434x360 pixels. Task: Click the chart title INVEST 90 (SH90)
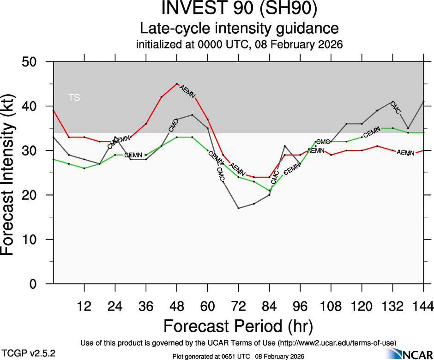pos(239,9)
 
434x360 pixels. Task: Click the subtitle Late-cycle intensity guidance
pos(239,29)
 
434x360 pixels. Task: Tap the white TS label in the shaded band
pos(74,97)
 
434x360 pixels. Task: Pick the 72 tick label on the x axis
pos(238,306)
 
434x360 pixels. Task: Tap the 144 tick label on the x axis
pos(423,306)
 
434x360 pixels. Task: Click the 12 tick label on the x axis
pos(84,306)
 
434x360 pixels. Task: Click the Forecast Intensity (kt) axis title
pos(11,173)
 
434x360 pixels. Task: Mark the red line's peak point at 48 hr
pos(177,84)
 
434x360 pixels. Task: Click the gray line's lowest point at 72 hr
pos(238,208)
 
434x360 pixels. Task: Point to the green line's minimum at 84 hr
pos(269,190)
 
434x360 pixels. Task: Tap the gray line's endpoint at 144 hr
pos(423,102)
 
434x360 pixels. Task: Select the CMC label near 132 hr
pos(395,107)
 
